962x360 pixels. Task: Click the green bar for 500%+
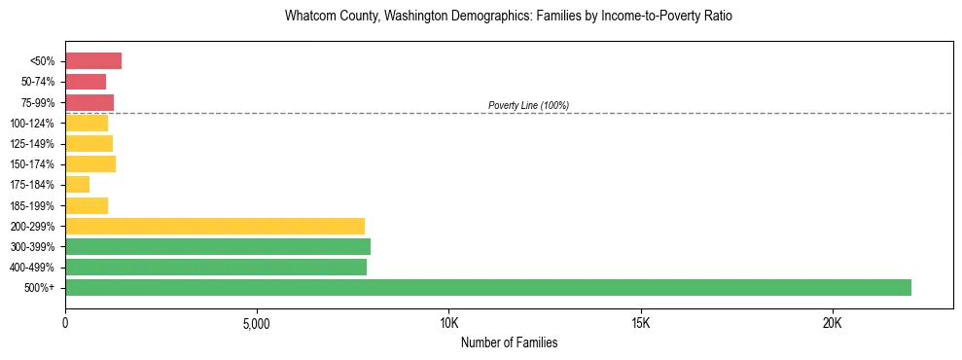click(x=488, y=288)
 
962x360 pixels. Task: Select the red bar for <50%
click(x=93, y=61)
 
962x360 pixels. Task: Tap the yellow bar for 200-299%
click(x=215, y=226)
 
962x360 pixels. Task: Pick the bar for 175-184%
click(x=78, y=185)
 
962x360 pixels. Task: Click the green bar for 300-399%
click(x=218, y=246)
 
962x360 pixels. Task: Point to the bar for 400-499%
click(x=216, y=268)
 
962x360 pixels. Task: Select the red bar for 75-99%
click(x=89, y=102)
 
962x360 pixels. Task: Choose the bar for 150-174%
click(x=90, y=164)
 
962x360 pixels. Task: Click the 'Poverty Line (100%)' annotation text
click(x=528, y=105)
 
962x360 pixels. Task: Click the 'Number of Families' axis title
click(x=509, y=342)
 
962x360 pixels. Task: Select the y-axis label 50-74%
click(x=38, y=82)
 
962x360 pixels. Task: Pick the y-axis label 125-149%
click(x=34, y=144)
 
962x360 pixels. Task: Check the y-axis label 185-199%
click(x=34, y=206)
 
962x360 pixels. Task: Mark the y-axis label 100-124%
click(x=34, y=124)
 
